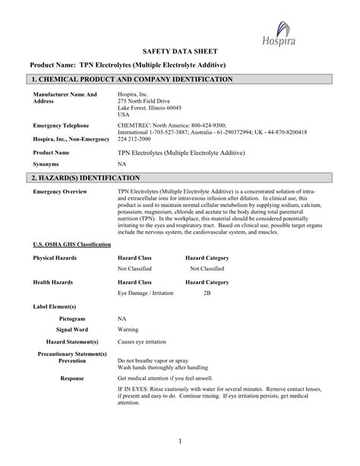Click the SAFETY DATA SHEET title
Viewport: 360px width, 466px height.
tap(181, 49)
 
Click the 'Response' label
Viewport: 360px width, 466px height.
tap(72, 377)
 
